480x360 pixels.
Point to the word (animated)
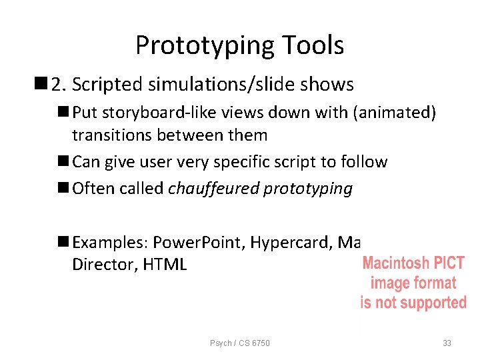coord(396,113)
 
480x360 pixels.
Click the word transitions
coord(110,135)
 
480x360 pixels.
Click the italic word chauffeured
coord(214,189)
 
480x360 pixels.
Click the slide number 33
coord(447,343)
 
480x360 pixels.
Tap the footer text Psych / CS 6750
coord(240,343)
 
